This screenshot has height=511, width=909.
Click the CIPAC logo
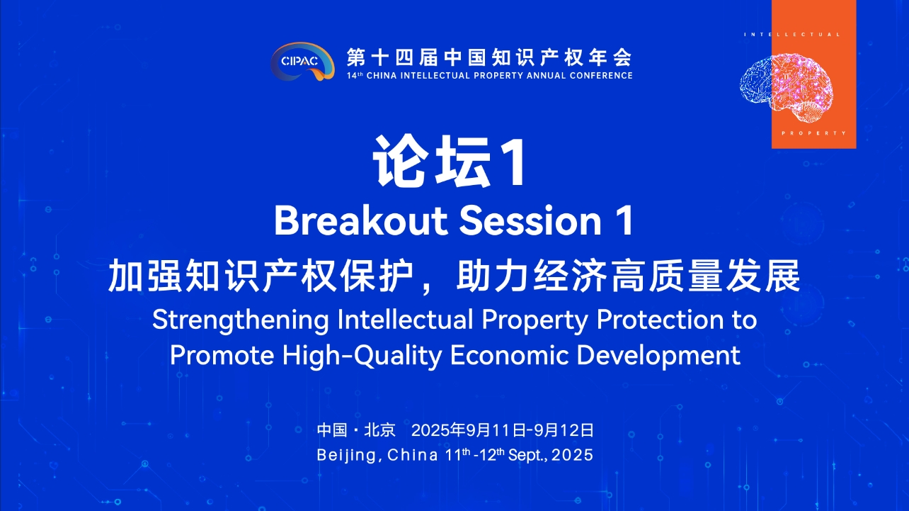302,62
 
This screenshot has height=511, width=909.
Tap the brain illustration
787,88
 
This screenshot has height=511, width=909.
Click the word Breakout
361,220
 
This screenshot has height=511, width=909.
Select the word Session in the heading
530,220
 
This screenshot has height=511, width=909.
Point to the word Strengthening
240,320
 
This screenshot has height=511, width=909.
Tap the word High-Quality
362,355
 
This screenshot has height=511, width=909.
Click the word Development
658,356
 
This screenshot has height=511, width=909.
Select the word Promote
222,355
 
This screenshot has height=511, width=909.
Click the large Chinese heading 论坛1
450,162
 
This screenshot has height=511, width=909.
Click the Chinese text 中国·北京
356,429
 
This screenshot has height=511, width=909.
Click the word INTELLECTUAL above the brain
792,35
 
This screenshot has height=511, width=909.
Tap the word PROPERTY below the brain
813,133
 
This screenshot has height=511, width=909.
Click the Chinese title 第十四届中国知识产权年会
489,57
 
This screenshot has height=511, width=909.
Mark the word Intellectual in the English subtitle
406,320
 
